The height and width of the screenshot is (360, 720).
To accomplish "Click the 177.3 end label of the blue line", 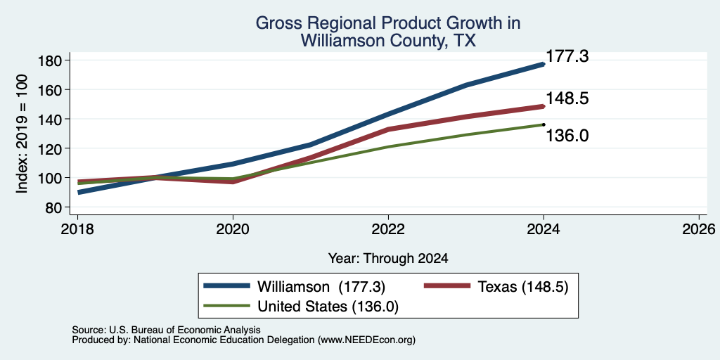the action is pyautogui.click(x=567, y=56).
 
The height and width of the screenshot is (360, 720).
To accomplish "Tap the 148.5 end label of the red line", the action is pyautogui.click(x=567, y=98).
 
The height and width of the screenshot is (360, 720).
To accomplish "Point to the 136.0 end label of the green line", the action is pyautogui.click(x=567, y=136).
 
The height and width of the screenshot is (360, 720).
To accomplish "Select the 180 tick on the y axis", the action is pyautogui.click(x=53, y=60).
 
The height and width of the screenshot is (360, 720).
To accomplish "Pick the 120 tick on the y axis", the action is pyautogui.click(x=53, y=148).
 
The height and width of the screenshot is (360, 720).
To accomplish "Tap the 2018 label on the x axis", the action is pyautogui.click(x=78, y=229).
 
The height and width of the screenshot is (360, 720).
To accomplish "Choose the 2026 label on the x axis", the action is pyautogui.click(x=699, y=229).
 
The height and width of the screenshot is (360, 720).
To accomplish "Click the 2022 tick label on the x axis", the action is pyautogui.click(x=388, y=229).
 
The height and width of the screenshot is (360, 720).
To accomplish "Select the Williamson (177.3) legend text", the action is pyautogui.click(x=321, y=287).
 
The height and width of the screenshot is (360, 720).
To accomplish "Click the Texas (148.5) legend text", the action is pyautogui.click(x=523, y=287).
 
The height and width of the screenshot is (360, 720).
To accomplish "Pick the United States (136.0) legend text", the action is pyautogui.click(x=328, y=307).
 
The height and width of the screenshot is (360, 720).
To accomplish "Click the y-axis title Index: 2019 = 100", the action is pyautogui.click(x=22, y=134).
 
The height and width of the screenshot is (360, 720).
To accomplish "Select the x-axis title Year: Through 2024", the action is pyautogui.click(x=388, y=259).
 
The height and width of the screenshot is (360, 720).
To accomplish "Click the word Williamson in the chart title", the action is pyautogui.click(x=342, y=41).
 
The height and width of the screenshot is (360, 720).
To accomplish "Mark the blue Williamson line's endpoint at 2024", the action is pyautogui.click(x=544, y=64).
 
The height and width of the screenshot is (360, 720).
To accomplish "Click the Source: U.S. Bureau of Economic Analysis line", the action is pyautogui.click(x=166, y=330).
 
